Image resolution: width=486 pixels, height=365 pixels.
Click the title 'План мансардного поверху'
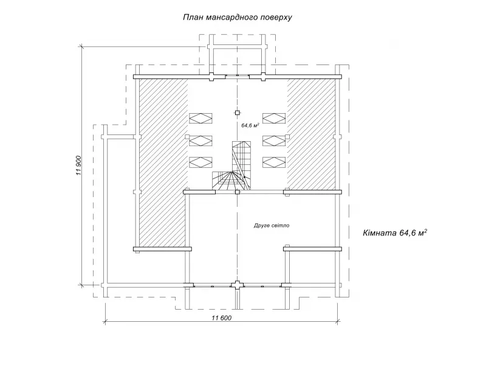[238, 18]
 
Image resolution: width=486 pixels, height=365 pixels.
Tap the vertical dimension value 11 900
[78, 165]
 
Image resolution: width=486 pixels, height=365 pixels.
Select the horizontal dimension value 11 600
[222, 318]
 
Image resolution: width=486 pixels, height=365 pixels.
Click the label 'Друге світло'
[272, 225]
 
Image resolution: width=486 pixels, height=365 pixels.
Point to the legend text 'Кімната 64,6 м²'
[395, 233]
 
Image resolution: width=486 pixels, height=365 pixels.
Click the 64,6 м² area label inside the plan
[250, 125]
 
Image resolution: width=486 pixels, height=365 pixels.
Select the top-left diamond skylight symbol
[200, 118]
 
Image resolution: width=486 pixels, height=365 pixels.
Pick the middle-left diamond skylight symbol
[200, 141]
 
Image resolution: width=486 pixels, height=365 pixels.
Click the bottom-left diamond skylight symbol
[200, 162]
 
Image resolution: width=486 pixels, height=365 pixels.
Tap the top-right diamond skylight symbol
[274, 118]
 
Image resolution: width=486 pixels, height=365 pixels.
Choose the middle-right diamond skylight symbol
[274, 141]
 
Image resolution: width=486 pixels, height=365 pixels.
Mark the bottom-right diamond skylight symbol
[274, 162]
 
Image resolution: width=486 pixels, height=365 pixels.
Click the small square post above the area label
[238, 113]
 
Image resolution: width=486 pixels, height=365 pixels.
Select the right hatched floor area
[311, 133]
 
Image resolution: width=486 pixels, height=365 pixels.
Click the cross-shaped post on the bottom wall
[237, 285]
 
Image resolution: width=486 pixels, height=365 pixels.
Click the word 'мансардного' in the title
[231, 18]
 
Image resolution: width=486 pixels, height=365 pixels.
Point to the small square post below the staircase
[238, 192]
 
